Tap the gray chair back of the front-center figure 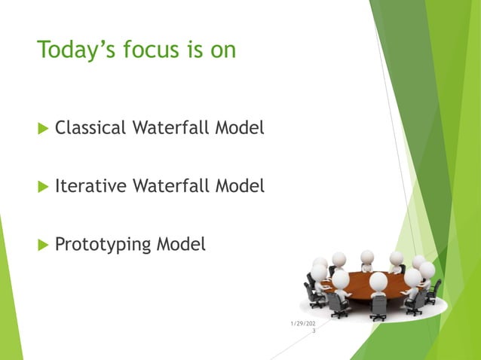378,304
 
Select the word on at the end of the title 222,50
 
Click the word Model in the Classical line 240,129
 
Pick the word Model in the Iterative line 240,185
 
